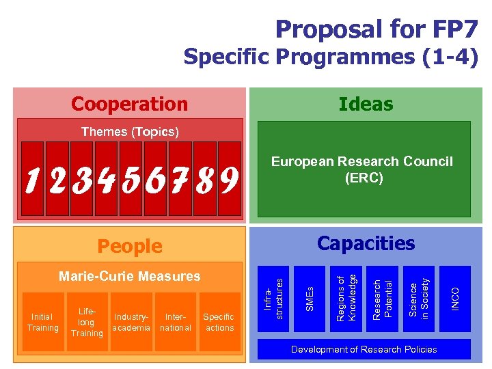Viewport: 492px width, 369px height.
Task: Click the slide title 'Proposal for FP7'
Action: click(x=376, y=29)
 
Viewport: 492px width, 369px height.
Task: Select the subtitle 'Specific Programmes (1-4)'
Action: click(x=330, y=57)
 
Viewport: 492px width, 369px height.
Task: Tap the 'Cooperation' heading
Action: click(x=129, y=104)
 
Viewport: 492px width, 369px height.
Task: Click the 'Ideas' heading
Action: click(x=366, y=104)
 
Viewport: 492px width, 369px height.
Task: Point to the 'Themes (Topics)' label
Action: click(x=130, y=132)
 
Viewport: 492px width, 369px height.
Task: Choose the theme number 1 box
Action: click(x=32, y=178)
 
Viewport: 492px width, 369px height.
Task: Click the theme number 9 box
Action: click(x=229, y=178)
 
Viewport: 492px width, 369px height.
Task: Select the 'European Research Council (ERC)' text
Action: click(x=361, y=169)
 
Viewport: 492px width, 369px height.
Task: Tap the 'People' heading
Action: click(x=130, y=246)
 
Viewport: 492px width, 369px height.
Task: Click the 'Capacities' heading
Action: click(x=366, y=243)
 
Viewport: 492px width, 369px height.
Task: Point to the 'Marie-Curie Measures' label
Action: click(x=130, y=276)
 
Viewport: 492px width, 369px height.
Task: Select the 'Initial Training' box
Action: click(x=42, y=322)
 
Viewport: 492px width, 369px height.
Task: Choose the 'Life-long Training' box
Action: click(x=87, y=322)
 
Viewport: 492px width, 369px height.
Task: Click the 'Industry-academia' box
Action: click(x=132, y=322)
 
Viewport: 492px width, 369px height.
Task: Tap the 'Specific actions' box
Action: click(x=219, y=322)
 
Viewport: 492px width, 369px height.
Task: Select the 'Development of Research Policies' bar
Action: click(x=364, y=349)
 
